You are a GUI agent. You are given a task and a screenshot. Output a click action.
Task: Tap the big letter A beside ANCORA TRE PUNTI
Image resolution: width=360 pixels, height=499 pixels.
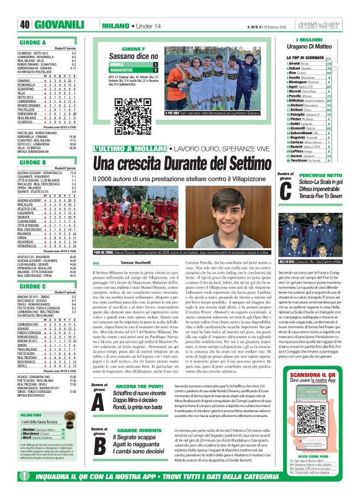(x=100, y=398)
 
